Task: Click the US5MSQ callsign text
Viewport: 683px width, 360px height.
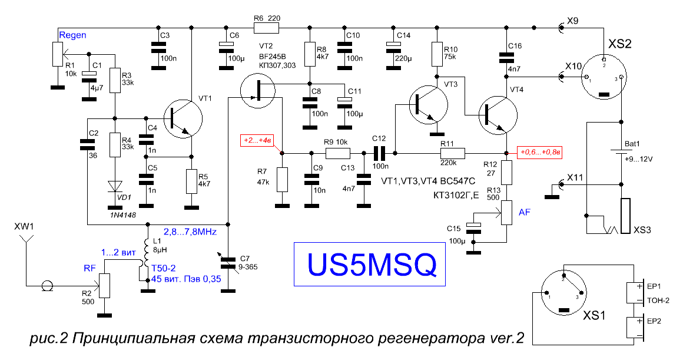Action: pyautogui.click(x=371, y=265)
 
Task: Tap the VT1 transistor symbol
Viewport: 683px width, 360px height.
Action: pyautogui.click(x=183, y=119)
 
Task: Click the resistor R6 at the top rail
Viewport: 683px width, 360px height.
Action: pyautogui.click(x=266, y=28)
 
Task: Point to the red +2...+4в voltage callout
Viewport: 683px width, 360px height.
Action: pyautogui.click(x=258, y=141)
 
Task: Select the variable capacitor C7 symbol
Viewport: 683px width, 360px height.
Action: pyautogui.click(x=228, y=264)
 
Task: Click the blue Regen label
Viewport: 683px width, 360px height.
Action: pyautogui.click(x=72, y=35)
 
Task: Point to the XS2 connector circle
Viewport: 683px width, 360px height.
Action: pyautogui.click(x=604, y=77)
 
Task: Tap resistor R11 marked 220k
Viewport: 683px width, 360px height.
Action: pyautogui.click(x=453, y=153)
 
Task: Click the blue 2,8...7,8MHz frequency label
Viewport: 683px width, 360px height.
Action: pyautogui.click(x=190, y=232)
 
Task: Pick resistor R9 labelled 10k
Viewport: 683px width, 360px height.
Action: pyautogui.click(x=337, y=153)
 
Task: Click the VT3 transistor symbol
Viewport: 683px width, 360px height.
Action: pyautogui.click(x=429, y=105)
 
